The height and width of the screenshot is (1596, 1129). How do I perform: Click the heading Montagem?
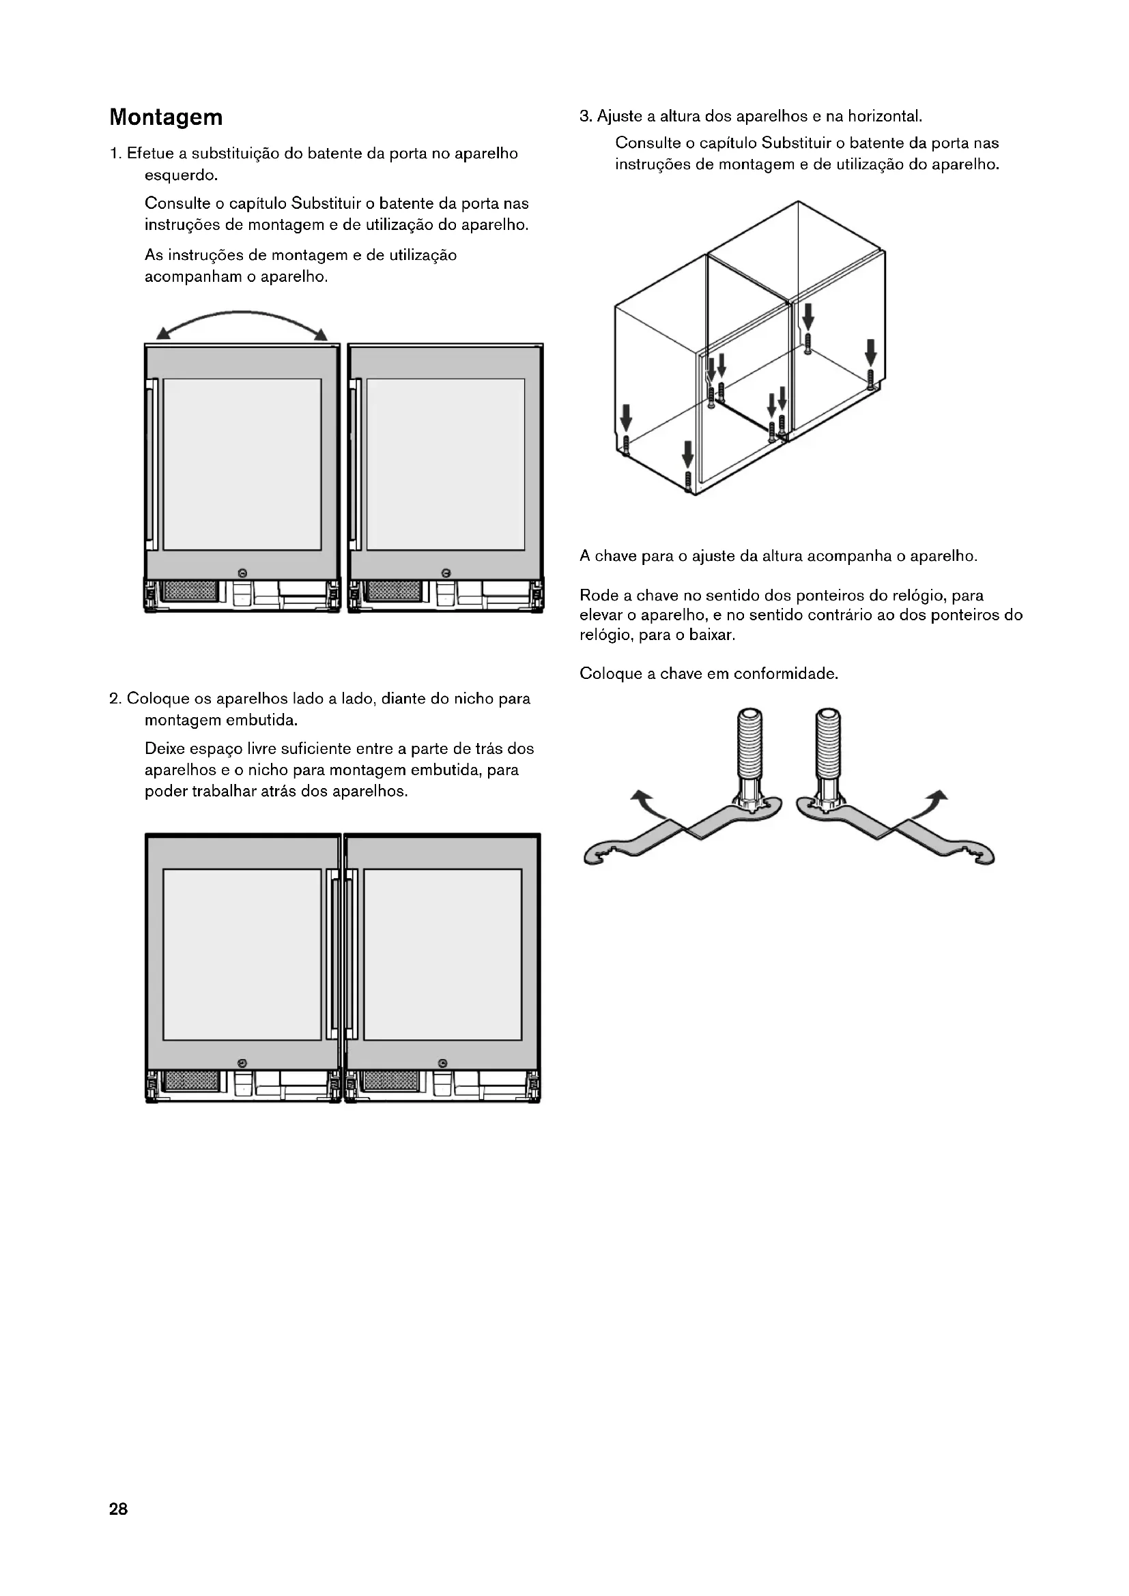pyautogui.click(x=166, y=117)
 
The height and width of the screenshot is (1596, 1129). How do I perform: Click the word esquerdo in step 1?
pyautogui.click(x=181, y=175)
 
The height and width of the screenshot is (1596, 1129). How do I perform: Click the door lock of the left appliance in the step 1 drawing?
pyautogui.click(x=242, y=572)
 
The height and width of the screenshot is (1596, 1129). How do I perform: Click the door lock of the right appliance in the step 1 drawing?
pyautogui.click(x=446, y=572)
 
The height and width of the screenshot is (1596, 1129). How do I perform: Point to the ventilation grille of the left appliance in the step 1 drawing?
pyautogui.click(x=189, y=592)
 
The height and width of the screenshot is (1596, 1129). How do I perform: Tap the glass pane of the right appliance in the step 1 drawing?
pyautogui.click(x=446, y=465)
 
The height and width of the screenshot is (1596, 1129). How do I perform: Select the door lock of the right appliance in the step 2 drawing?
pyautogui.click(x=443, y=1064)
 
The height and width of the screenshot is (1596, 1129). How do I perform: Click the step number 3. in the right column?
pyautogui.click(x=586, y=116)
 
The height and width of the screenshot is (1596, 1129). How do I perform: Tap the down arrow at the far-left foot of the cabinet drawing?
pyautogui.click(x=627, y=418)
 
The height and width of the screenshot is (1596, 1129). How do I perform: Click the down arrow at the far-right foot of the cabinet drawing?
pyautogui.click(x=871, y=351)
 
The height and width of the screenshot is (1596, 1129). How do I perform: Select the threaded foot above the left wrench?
pyautogui.click(x=750, y=744)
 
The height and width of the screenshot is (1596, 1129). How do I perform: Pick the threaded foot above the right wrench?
pyautogui.click(x=829, y=744)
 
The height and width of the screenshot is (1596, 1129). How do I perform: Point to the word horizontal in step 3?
pyautogui.click(x=883, y=116)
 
